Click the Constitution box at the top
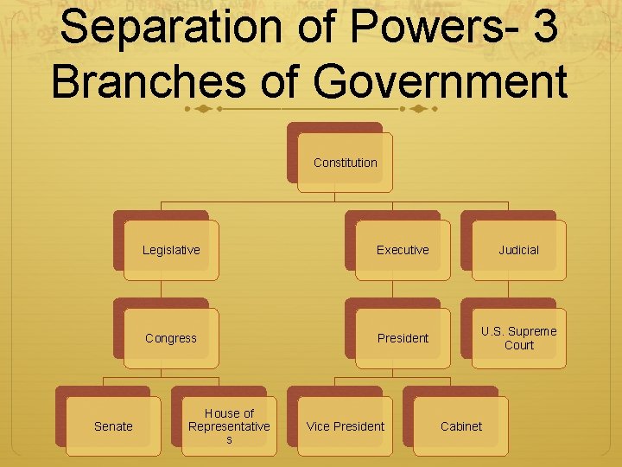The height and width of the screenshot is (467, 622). pos(345,163)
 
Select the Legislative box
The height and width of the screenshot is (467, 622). pos(171,250)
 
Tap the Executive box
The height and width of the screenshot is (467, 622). pos(403,250)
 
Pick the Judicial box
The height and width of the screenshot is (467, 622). pos(518,250)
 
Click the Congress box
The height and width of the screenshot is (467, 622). pos(171,338)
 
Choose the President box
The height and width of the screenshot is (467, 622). pos(403,338)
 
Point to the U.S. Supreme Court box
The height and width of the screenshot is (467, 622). pos(518,338)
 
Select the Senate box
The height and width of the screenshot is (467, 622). pos(113,426)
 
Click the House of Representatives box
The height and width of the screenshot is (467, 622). pos(229,426)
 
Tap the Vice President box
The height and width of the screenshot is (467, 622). pos(345,426)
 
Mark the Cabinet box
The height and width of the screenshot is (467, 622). pos(460,426)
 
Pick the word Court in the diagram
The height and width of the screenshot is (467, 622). pos(519,345)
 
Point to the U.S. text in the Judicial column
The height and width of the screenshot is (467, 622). pos(494,331)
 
